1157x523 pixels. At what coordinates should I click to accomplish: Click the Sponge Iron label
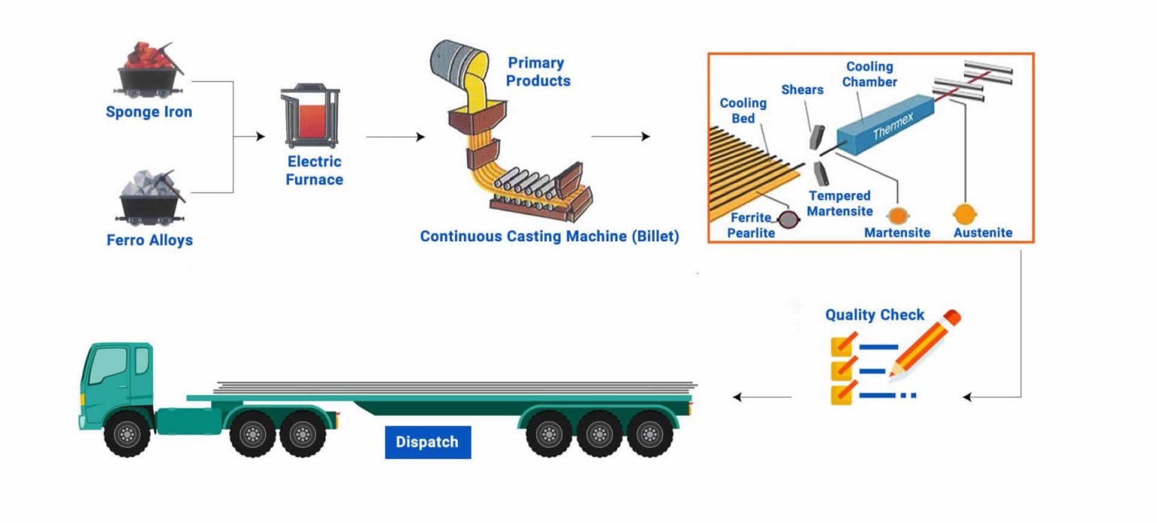pos(148,112)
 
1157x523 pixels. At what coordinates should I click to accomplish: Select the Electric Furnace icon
pos(310,118)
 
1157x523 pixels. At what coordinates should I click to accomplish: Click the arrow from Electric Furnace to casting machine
pos(395,136)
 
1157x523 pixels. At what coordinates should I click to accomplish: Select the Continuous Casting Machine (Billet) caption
pos(549,237)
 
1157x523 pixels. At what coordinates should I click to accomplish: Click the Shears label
pos(802,90)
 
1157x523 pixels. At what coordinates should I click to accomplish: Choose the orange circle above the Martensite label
pos(896,216)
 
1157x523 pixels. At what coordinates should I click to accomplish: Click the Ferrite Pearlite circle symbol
pos(789,219)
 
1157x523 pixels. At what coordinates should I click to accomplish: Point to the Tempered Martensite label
pos(839,203)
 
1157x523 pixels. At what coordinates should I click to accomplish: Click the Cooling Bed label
pos(743,110)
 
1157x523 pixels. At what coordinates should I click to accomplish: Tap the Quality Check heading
pos(874,315)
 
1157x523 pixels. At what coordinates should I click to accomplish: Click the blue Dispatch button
pos(427,442)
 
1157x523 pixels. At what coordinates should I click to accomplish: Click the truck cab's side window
pos(108,366)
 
